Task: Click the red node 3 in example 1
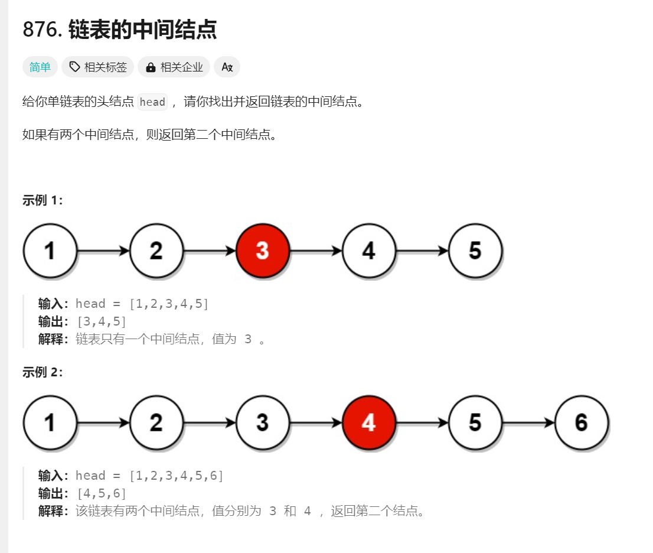263,251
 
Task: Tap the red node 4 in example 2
369,422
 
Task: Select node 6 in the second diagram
582,422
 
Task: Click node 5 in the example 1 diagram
475,251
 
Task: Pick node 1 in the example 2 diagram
50,422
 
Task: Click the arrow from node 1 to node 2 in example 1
103,251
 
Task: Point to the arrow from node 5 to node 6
528,422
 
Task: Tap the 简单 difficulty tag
40,67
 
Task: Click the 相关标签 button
98,67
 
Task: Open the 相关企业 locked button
174,67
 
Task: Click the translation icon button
227,67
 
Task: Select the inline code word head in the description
152,102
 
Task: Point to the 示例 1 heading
43,200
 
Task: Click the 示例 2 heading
43,372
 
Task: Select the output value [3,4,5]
101,321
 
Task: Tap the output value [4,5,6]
101,493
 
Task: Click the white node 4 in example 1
369,251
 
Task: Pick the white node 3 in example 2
263,422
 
